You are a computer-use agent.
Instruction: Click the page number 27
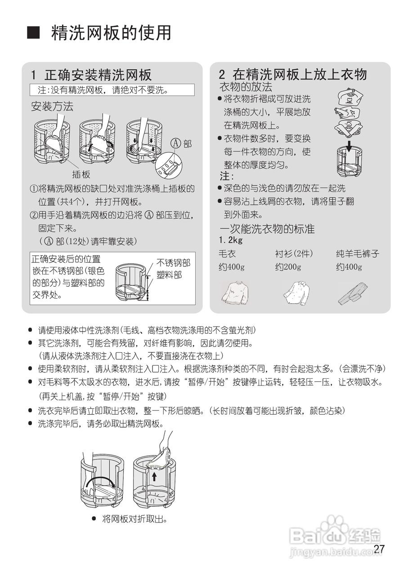point(379,549)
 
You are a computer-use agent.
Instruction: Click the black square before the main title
point(34,33)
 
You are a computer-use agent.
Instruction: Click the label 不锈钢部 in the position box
point(173,263)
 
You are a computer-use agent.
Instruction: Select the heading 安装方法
point(52,107)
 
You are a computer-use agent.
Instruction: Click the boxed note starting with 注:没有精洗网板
point(112,90)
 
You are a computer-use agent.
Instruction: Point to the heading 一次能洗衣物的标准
point(267,229)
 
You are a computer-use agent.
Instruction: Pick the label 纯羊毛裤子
point(358,254)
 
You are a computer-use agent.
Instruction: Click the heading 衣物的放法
point(246,87)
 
